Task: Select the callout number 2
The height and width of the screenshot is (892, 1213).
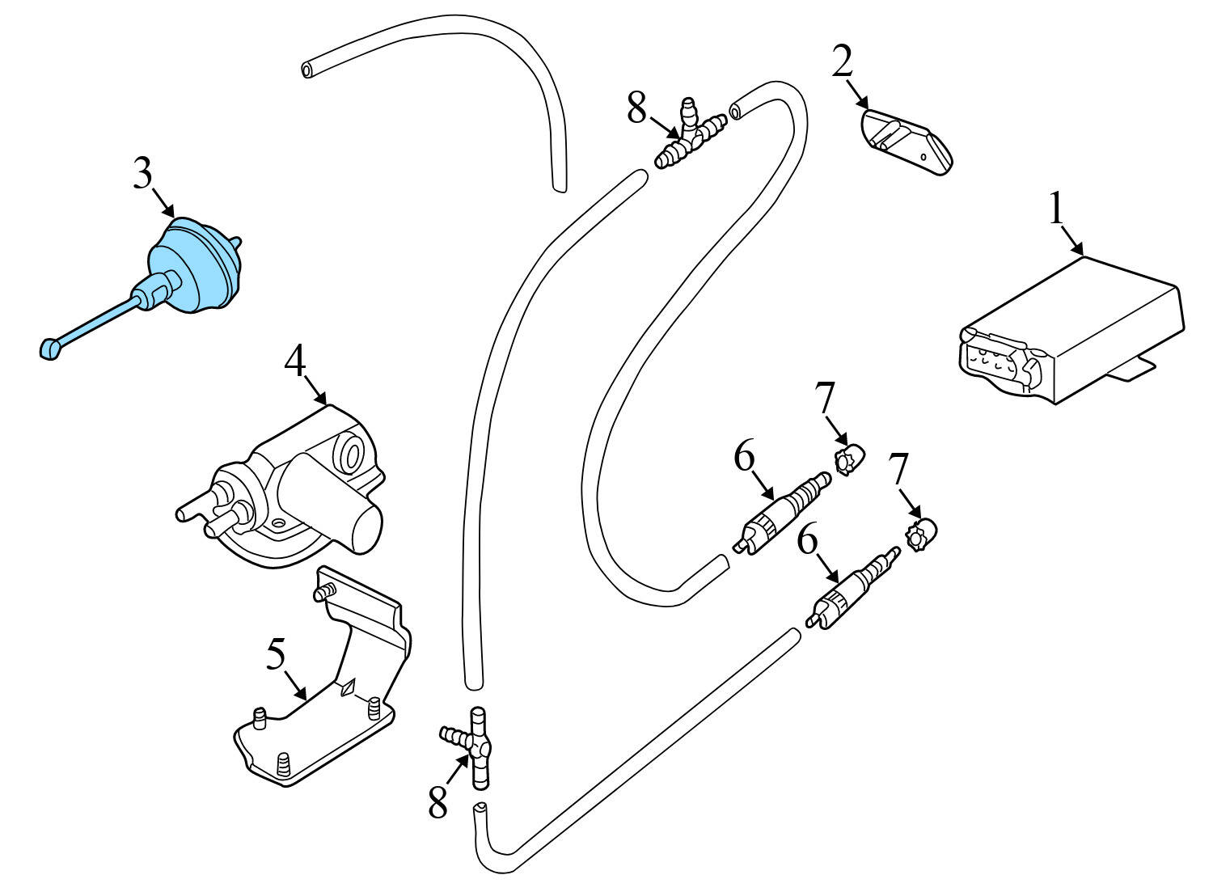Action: click(x=843, y=62)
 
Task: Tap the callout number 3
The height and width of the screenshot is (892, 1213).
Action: click(x=142, y=172)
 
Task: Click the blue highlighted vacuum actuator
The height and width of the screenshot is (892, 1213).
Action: click(x=192, y=264)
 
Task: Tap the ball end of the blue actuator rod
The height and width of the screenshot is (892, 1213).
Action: click(x=49, y=349)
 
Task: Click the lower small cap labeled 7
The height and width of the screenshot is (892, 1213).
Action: click(x=920, y=535)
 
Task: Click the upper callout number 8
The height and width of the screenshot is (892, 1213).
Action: click(x=637, y=108)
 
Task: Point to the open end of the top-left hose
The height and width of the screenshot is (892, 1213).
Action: click(x=308, y=71)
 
